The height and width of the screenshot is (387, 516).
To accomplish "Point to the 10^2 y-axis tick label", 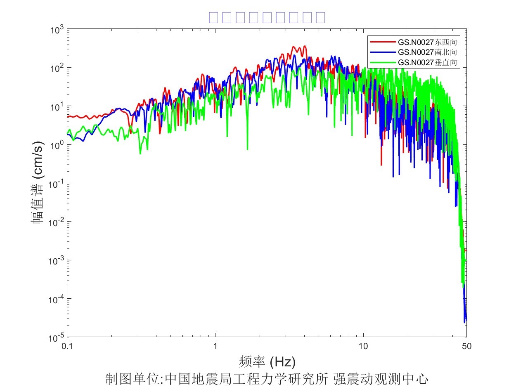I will point(56,68).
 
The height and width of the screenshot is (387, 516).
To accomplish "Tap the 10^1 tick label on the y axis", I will point(56,107).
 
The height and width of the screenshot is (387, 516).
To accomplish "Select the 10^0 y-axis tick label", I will point(56,145).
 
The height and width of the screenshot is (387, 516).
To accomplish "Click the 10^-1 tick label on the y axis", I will point(55,184).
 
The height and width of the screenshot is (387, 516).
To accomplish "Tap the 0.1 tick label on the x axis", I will point(67,346).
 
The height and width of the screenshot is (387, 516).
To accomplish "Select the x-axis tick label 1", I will point(215,346).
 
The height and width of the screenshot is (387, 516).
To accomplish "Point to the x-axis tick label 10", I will point(363,346).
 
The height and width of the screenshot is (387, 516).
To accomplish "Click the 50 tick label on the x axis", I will point(466,346).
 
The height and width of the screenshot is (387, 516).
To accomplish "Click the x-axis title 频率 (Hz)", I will point(267,362).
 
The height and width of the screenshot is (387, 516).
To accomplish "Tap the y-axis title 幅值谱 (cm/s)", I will point(38,183).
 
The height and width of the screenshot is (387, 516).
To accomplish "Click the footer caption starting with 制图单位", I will point(267,378).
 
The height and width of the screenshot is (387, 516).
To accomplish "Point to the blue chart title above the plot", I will point(267,17).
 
